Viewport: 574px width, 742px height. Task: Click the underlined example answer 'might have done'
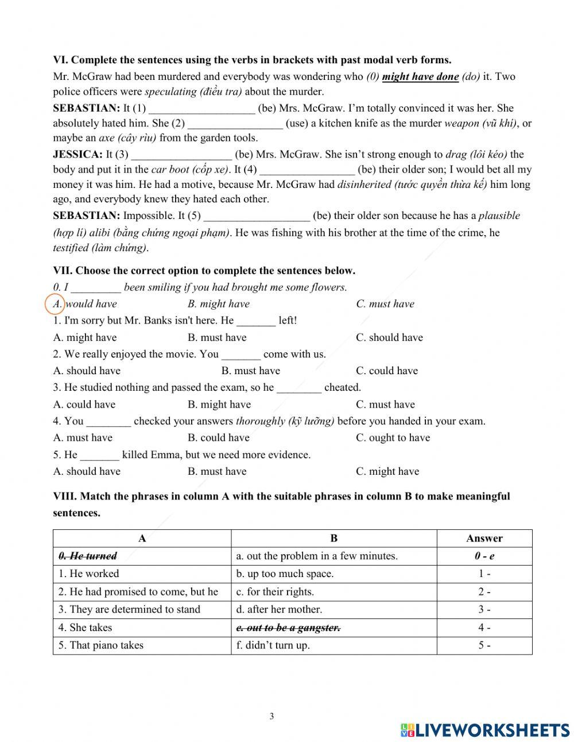click(x=420, y=76)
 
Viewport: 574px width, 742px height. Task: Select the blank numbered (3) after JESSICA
click(x=181, y=155)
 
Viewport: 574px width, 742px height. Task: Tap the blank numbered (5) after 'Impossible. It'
click(x=257, y=216)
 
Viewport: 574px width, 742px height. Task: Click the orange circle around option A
click(x=55, y=303)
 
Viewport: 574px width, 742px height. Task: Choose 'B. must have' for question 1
click(x=216, y=337)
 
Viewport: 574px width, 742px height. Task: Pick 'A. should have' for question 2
click(x=87, y=371)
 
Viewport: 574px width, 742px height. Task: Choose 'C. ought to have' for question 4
click(x=393, y=437)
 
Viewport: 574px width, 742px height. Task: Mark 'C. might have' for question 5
click(x=387, y=471)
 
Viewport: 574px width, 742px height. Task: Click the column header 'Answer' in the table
click(x=484, y=538)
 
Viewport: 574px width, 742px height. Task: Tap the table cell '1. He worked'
click(x=88, y=574)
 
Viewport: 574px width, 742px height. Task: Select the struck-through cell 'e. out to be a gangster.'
click(x=288, y=628)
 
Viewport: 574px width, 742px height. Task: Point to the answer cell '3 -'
click(x=484, y=609)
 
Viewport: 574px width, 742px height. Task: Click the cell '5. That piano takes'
click(x=100, y=645)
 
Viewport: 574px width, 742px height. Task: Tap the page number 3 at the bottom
click(x=272, y=716)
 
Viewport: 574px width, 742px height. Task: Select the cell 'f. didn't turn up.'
click(x=273, y=645)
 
